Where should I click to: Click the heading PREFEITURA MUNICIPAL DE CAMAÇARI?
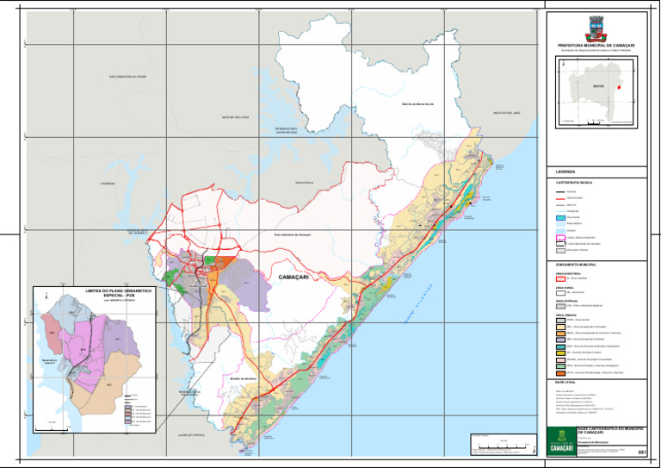pyautogui.click(x=596, y=45)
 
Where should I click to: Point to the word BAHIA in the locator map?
pyautogui.click(x=597, y=87)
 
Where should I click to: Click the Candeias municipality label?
pyautogui.click(x=108, y=184)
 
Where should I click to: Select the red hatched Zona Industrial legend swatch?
pyautogui.click(x=561, y=278)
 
